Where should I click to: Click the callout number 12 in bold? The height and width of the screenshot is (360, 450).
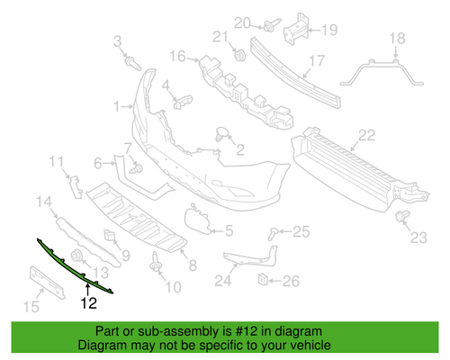(x=87, y=303)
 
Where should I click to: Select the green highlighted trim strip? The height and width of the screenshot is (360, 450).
(x=76, y=263)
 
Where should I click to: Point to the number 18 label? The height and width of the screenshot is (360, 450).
(x=397, y=37)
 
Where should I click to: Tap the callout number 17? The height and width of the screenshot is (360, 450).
(x=316, y=62)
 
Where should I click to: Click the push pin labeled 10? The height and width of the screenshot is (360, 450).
(x=158, y=265)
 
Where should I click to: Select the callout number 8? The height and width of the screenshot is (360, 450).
(x=190, y=265)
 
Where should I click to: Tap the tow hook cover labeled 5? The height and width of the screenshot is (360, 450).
(x=193, y=220)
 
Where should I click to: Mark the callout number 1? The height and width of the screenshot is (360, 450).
(x=116, y=107)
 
